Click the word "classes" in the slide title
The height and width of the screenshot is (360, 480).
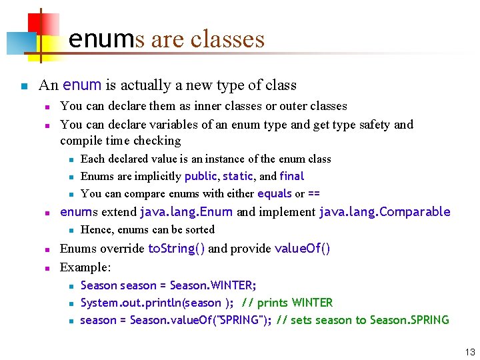tap(227, 39)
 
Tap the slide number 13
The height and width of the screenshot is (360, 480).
tap(470, 352)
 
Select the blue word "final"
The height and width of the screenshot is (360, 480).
tap(292, 176)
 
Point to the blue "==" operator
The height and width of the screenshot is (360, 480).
tap(313, 193)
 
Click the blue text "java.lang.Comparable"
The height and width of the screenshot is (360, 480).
tap(385, 212)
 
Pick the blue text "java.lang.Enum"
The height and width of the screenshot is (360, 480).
tap(186, 212)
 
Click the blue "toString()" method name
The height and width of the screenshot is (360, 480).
tap(177, 249)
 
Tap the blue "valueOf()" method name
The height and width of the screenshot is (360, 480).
tap(302, 249)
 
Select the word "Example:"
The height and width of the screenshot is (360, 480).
tap(85, 267)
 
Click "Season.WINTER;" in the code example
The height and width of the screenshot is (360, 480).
tap(213, 285)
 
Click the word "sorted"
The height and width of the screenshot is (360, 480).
tap(198, 229)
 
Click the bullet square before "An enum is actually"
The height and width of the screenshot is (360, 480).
tap(24, 86)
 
